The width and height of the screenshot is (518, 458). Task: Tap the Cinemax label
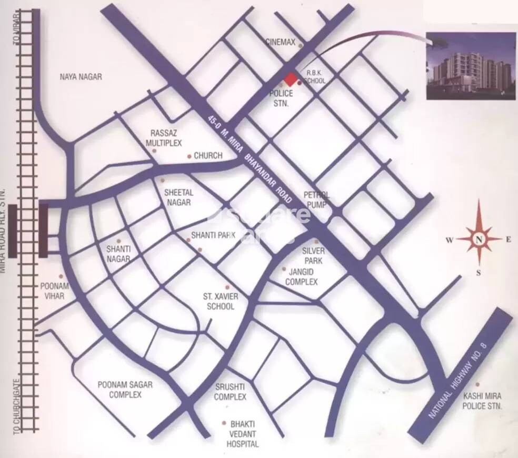coord(281,42)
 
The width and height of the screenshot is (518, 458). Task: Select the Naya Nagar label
coord(81,77)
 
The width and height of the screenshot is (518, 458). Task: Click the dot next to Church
coord(190,156)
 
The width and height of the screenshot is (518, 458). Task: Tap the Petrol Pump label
coord(316,200)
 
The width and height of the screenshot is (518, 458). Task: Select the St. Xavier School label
coord(222,301)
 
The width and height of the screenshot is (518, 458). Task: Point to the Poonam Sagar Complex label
coord(125,390)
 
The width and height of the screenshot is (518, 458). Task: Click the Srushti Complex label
coord(230,392)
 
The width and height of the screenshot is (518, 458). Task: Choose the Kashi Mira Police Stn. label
coord(482,401)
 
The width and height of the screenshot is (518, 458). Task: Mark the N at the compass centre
coord(479,240)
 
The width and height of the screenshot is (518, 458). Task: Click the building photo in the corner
coord(470,65)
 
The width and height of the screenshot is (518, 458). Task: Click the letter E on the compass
coord(509,240)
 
